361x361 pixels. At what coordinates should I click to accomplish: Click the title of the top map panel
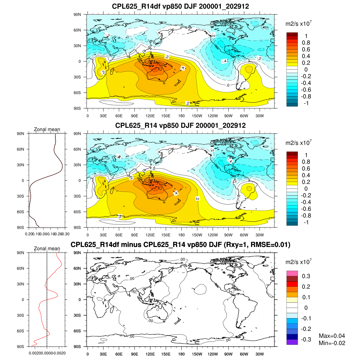[180, 6]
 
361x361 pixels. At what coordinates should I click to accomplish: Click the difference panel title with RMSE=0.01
[180, 245]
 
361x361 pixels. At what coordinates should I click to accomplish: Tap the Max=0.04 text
[332, 336]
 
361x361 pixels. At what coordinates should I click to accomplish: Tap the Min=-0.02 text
[332, 343]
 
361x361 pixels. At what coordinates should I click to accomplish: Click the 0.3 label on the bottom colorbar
[306, 276]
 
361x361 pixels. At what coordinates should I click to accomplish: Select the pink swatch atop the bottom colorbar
[292, 273]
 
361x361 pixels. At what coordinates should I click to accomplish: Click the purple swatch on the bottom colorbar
[292, 342]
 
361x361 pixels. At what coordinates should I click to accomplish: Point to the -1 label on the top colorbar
[306, 103]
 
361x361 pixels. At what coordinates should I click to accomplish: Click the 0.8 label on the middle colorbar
[306, 162]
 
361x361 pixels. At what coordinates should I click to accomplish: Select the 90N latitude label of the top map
[78, 14]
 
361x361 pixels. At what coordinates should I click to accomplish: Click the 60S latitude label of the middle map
[78, 212]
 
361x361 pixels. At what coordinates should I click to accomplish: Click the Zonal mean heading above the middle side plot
[47, 129]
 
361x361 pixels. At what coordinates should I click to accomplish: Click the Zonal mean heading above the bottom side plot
[47, 248]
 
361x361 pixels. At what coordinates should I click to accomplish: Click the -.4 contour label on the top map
[224, 61]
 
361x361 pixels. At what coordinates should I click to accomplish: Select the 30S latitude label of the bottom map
[78, 315]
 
